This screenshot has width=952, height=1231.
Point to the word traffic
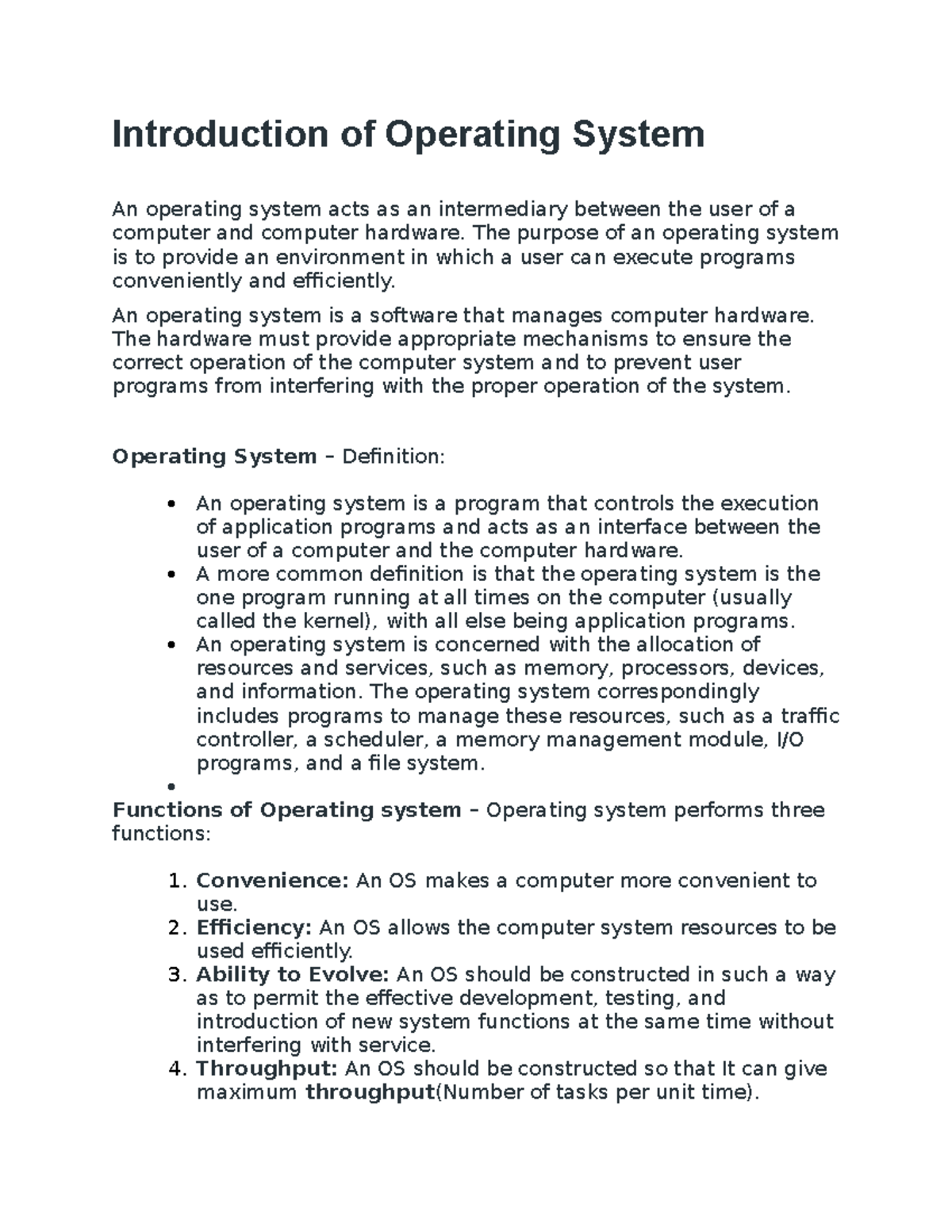click(810, 716)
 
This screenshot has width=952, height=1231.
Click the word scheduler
click(374, 740)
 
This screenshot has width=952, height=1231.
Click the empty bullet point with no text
click(171, 786)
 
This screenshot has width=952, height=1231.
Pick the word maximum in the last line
click(246, 1092)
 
